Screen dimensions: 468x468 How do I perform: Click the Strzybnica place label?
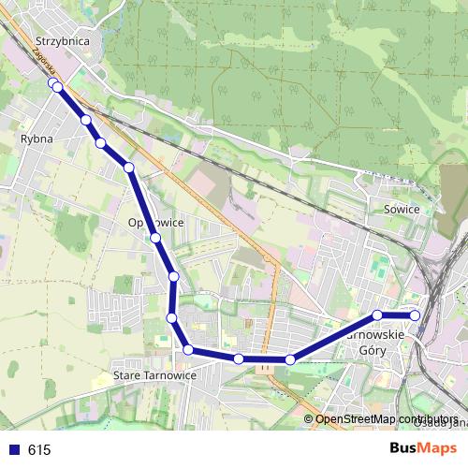pyautogui.click(x=61, y=41)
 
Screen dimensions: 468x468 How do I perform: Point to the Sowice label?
pyautogui.click(x=402, y=210)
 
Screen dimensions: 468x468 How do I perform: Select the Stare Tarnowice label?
pyautogui.click(x=154, y=375)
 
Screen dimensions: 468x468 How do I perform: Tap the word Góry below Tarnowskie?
pyautogui.click(x=373, y=349)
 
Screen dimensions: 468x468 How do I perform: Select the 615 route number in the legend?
pyautogui.click(x=39, y=450)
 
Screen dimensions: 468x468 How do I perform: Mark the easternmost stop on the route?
pyautogui.click(x=416, y=315)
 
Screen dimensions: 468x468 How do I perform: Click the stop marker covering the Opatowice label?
pyautogui.click(x=155, y=238)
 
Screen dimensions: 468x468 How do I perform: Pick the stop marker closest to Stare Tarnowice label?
pyautogui.click(x=188, y=350)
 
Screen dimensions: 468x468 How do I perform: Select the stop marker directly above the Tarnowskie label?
pyautogui.click(x=377, y=315)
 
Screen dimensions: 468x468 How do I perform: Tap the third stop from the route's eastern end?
pyautogui.click(x=290, y=359)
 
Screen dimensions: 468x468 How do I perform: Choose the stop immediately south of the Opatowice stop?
pyautogui.click(x=174, y=276)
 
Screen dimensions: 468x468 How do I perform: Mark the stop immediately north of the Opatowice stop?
pyautogui.click(x=129, y=168)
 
